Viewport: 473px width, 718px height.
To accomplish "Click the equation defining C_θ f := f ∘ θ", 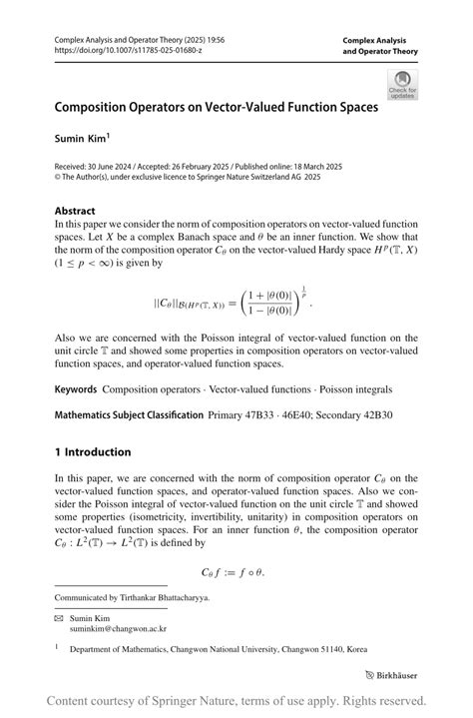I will pos(236,572).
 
